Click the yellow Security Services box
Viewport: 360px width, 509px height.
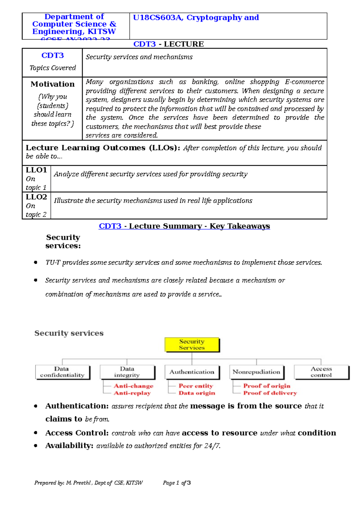(x=192, y=345)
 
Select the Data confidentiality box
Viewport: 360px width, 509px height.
(x=62, y=372)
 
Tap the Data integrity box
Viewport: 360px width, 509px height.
(x=127, y=372)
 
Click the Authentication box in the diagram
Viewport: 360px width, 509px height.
(x=192, y=372)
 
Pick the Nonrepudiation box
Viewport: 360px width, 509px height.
(x=256, y=372)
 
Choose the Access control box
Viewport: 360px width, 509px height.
(x=321, y=372)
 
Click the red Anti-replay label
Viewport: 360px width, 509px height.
(x=132, y=393)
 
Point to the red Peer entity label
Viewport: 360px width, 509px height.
(x=196, y=386)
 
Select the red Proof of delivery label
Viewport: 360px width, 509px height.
(x=270, y=393)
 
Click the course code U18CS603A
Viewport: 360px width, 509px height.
(x=158, y=18)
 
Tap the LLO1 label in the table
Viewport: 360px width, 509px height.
(x=36, y=170)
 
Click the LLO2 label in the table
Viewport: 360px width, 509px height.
(x=36, y=197)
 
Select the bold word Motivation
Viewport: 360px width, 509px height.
(x=52, y=84)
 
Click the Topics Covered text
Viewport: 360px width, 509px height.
(x=52, y=68)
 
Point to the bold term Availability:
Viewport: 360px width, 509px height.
(x=69, y=446)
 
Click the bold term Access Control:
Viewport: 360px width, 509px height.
(x=77, y=433)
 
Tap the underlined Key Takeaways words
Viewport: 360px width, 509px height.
(x=240, y=226)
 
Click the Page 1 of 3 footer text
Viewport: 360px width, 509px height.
(x=177, y=483)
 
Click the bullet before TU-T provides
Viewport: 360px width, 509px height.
(x=36, y=263)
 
